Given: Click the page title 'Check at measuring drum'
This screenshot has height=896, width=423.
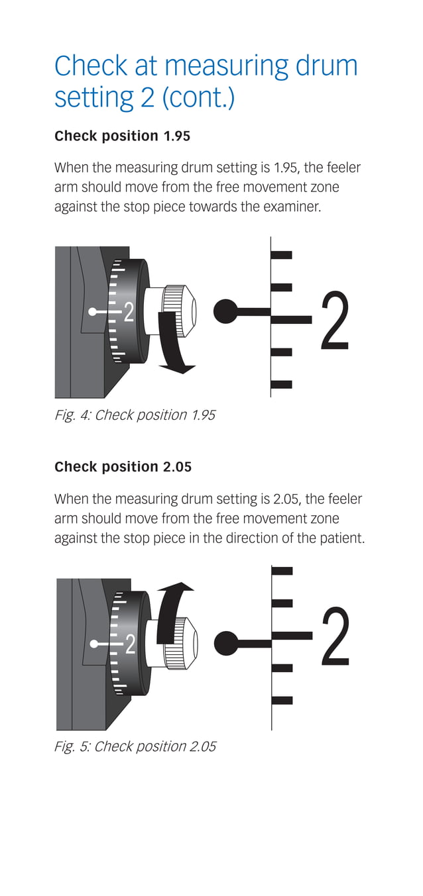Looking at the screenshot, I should click(206, 66).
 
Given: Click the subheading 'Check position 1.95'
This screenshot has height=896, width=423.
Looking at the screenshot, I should click(122, 136).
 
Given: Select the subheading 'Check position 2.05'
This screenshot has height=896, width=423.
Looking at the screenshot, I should click(123, 467).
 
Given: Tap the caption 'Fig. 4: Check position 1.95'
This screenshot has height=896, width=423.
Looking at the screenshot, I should click(135, 415).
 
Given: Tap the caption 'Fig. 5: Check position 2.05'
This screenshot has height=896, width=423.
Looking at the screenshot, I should click(135, 746).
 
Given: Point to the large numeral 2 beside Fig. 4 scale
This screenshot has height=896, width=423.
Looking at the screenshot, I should click(335, 321).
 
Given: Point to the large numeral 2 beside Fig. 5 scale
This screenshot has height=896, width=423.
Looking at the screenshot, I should click(335, 636).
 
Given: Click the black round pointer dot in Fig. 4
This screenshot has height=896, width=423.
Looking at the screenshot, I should click(227, 311).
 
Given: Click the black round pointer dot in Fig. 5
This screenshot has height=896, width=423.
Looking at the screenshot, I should click(227, 642).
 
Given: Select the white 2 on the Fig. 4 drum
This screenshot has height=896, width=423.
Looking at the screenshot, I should click(129, 311).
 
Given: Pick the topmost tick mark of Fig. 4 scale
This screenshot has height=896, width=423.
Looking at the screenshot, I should click(282, 255).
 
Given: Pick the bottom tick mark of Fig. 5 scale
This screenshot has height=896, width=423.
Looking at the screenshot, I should click(282, 700).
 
